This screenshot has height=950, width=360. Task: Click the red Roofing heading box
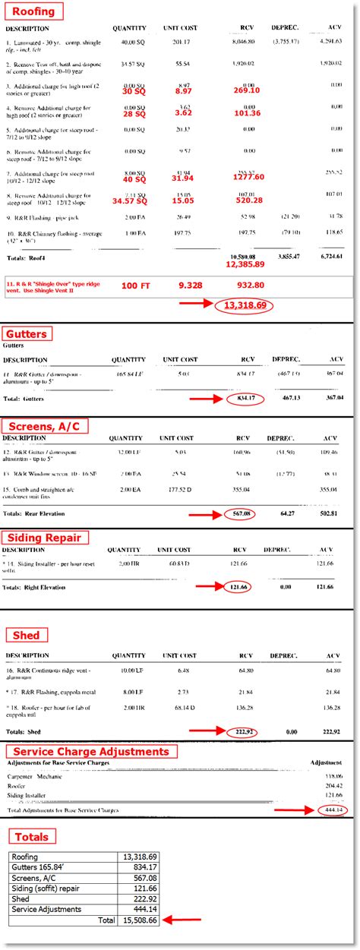click(32, 11)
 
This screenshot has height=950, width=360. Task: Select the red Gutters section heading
click(27, 333)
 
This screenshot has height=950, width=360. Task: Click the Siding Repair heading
click(46, 538)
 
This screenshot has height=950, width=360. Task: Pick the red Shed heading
click(26, 635)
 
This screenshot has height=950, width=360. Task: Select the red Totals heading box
click(32, 837)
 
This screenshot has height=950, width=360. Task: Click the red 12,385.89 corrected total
click(245, 264)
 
